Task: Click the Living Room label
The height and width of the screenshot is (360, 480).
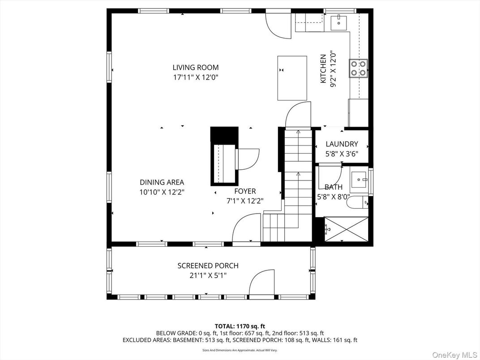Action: [x=196, y=68]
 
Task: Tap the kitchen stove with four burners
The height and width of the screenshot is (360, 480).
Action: [x=358, y=68]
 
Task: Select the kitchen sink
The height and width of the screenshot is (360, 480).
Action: [x=339, y=21]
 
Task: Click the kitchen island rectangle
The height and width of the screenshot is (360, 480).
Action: [x=292, y=78]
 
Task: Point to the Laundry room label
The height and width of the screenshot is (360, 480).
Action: [x=342, y=144]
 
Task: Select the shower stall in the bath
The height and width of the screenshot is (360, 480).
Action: [x=346, y=229]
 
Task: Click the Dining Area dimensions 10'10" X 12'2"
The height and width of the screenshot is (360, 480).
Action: [x=162, y=192]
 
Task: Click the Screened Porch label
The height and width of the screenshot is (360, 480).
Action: [x=208, y=266]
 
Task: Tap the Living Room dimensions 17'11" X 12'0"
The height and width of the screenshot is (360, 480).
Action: [x=196, y=77]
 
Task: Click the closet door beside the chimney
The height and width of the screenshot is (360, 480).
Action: [x=247, y=159]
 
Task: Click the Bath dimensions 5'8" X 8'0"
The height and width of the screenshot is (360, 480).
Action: [x=333, y=196]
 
